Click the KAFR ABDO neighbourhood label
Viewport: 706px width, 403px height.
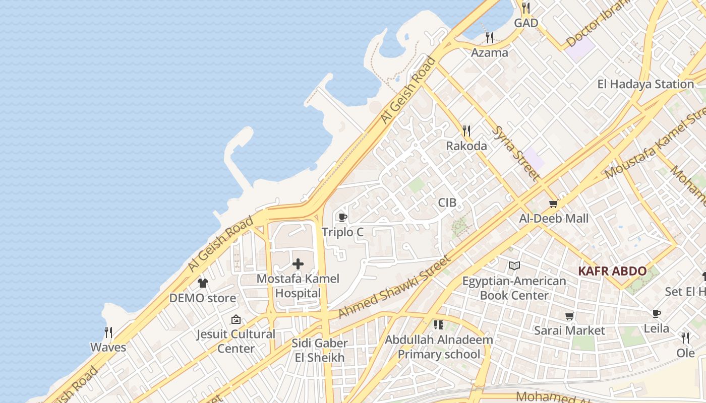click(612, 271)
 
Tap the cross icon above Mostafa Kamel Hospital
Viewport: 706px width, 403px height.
click(298, 264)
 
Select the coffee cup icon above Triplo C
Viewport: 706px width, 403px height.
click(343, 218)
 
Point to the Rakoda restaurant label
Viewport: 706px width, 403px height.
click(466, 146)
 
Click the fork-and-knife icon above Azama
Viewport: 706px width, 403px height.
click(489, 38)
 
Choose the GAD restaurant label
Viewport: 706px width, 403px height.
click(526, 23)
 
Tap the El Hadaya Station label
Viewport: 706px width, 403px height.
click(645, 84)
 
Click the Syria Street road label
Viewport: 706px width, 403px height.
click(515, 153)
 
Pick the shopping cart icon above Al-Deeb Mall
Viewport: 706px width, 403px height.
click(554, 204)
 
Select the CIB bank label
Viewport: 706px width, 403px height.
click(447, 203)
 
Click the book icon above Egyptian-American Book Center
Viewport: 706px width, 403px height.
click(514, 266)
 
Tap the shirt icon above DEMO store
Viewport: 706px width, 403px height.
click(202, 283)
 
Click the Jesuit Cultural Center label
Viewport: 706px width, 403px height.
click(236, 341)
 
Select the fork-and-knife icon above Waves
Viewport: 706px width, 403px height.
click(108, 332)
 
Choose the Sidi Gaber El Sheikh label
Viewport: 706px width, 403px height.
click(320, 350)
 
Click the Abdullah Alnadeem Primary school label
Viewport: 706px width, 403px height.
click(439, 347)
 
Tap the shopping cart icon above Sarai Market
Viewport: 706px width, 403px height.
click(569, 316)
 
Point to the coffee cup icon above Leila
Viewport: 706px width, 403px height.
click(656, 314)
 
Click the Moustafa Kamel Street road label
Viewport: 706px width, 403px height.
click(656, 146)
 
